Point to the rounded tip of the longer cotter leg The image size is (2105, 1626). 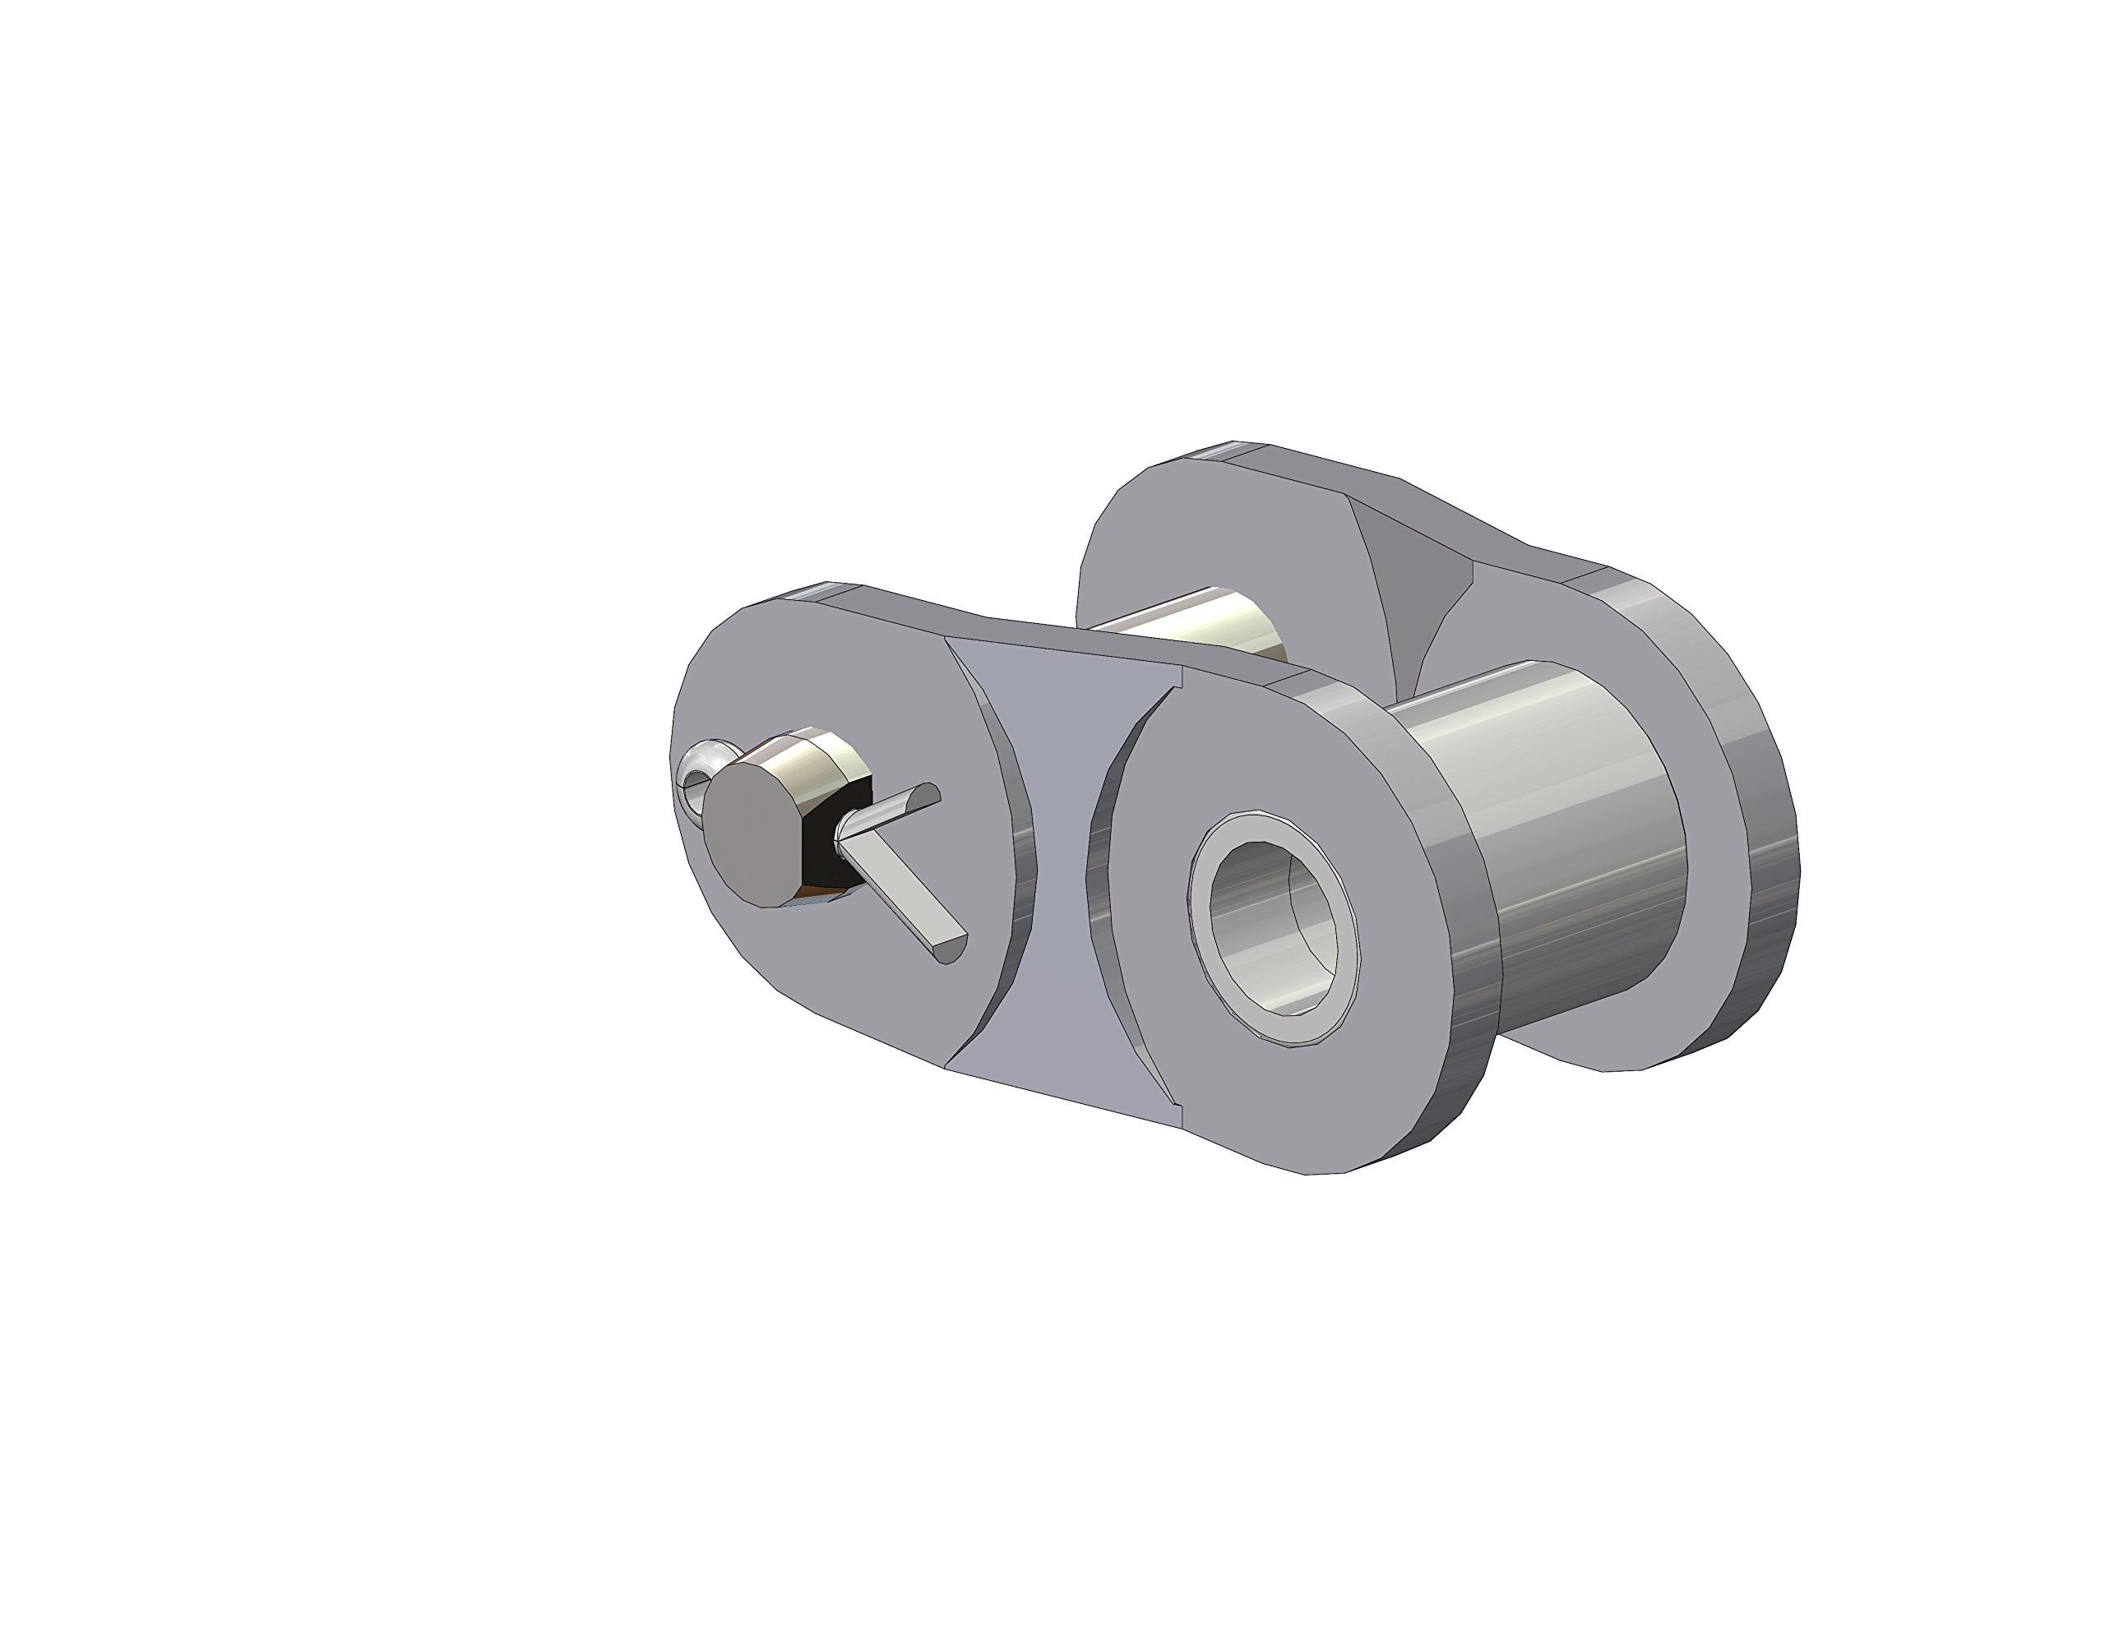[x=951, y=950]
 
